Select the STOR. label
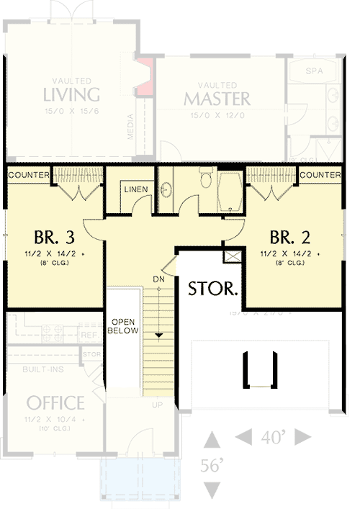tap(213, 289)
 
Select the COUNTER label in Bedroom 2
tap(320, 175)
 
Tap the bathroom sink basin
tap(166, 190)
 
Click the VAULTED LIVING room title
tap(71, 94)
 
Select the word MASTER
tap(217, 98)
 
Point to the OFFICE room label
tap(55, 403)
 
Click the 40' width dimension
tap(274, 436)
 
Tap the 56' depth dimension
tap(212, 466)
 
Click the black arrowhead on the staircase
tap(158, 335)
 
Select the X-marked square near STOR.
tap(233, 255)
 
